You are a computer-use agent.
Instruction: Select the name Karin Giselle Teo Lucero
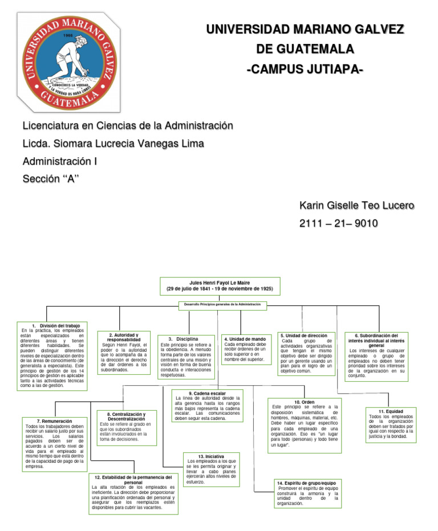tap(356, 206)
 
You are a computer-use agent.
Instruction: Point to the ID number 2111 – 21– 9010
tap(338, 223)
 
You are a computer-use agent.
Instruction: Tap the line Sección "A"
tap(50, 179)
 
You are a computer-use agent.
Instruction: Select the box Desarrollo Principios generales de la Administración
tap(222, 305)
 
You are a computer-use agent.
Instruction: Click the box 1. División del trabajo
tap(52, 356)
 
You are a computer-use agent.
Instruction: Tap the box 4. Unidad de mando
tap(245, 349)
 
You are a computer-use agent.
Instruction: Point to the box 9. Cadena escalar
tap(207, 406)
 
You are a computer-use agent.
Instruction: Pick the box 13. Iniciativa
tap(211, 469)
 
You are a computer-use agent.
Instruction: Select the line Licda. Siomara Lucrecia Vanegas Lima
tap(113, 143)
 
